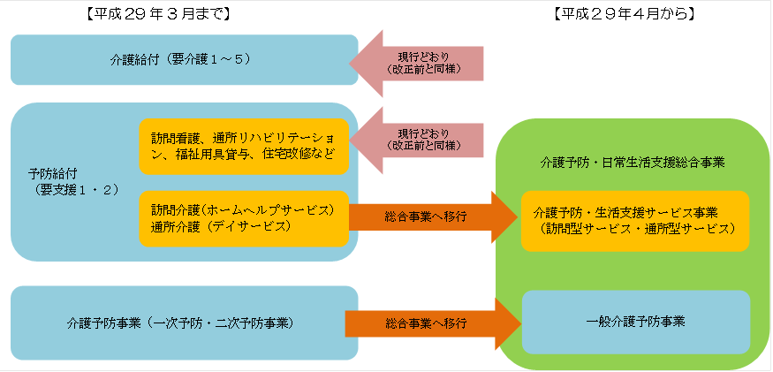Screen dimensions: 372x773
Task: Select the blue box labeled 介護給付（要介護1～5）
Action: (x=184, y=60)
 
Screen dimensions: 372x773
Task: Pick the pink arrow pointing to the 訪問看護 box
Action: (x=415, y=137)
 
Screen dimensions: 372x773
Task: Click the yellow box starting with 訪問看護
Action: (x=244, y=146)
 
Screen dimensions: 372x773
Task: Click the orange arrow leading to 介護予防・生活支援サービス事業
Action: (x=433, y=216)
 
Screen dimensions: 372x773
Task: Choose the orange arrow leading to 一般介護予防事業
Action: (x=433, y=323)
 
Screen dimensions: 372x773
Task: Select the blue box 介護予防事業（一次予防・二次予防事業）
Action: (x=184, y=323)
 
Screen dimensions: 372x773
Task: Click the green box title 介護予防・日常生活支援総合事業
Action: (x=633, y=163)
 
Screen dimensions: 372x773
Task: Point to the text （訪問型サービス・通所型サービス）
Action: (x=640, y=228)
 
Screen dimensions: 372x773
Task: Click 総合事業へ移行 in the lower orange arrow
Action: (x=425, y=324)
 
